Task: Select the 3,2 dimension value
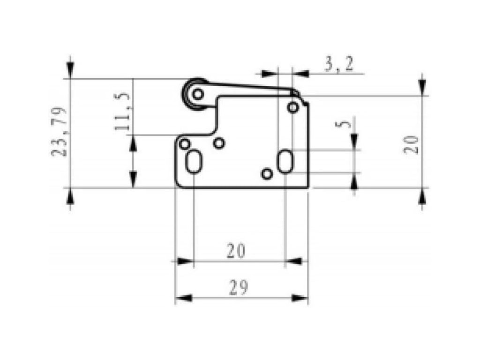[338, 64]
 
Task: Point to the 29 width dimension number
[239, 288]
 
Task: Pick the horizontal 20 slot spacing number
[236, 251]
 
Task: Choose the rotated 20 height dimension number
[411, 144]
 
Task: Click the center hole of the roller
[198, 94]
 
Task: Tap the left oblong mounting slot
[193, 162]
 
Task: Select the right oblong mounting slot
[285, 161]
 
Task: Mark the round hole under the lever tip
[293, 107]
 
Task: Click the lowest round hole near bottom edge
[267, 174]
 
